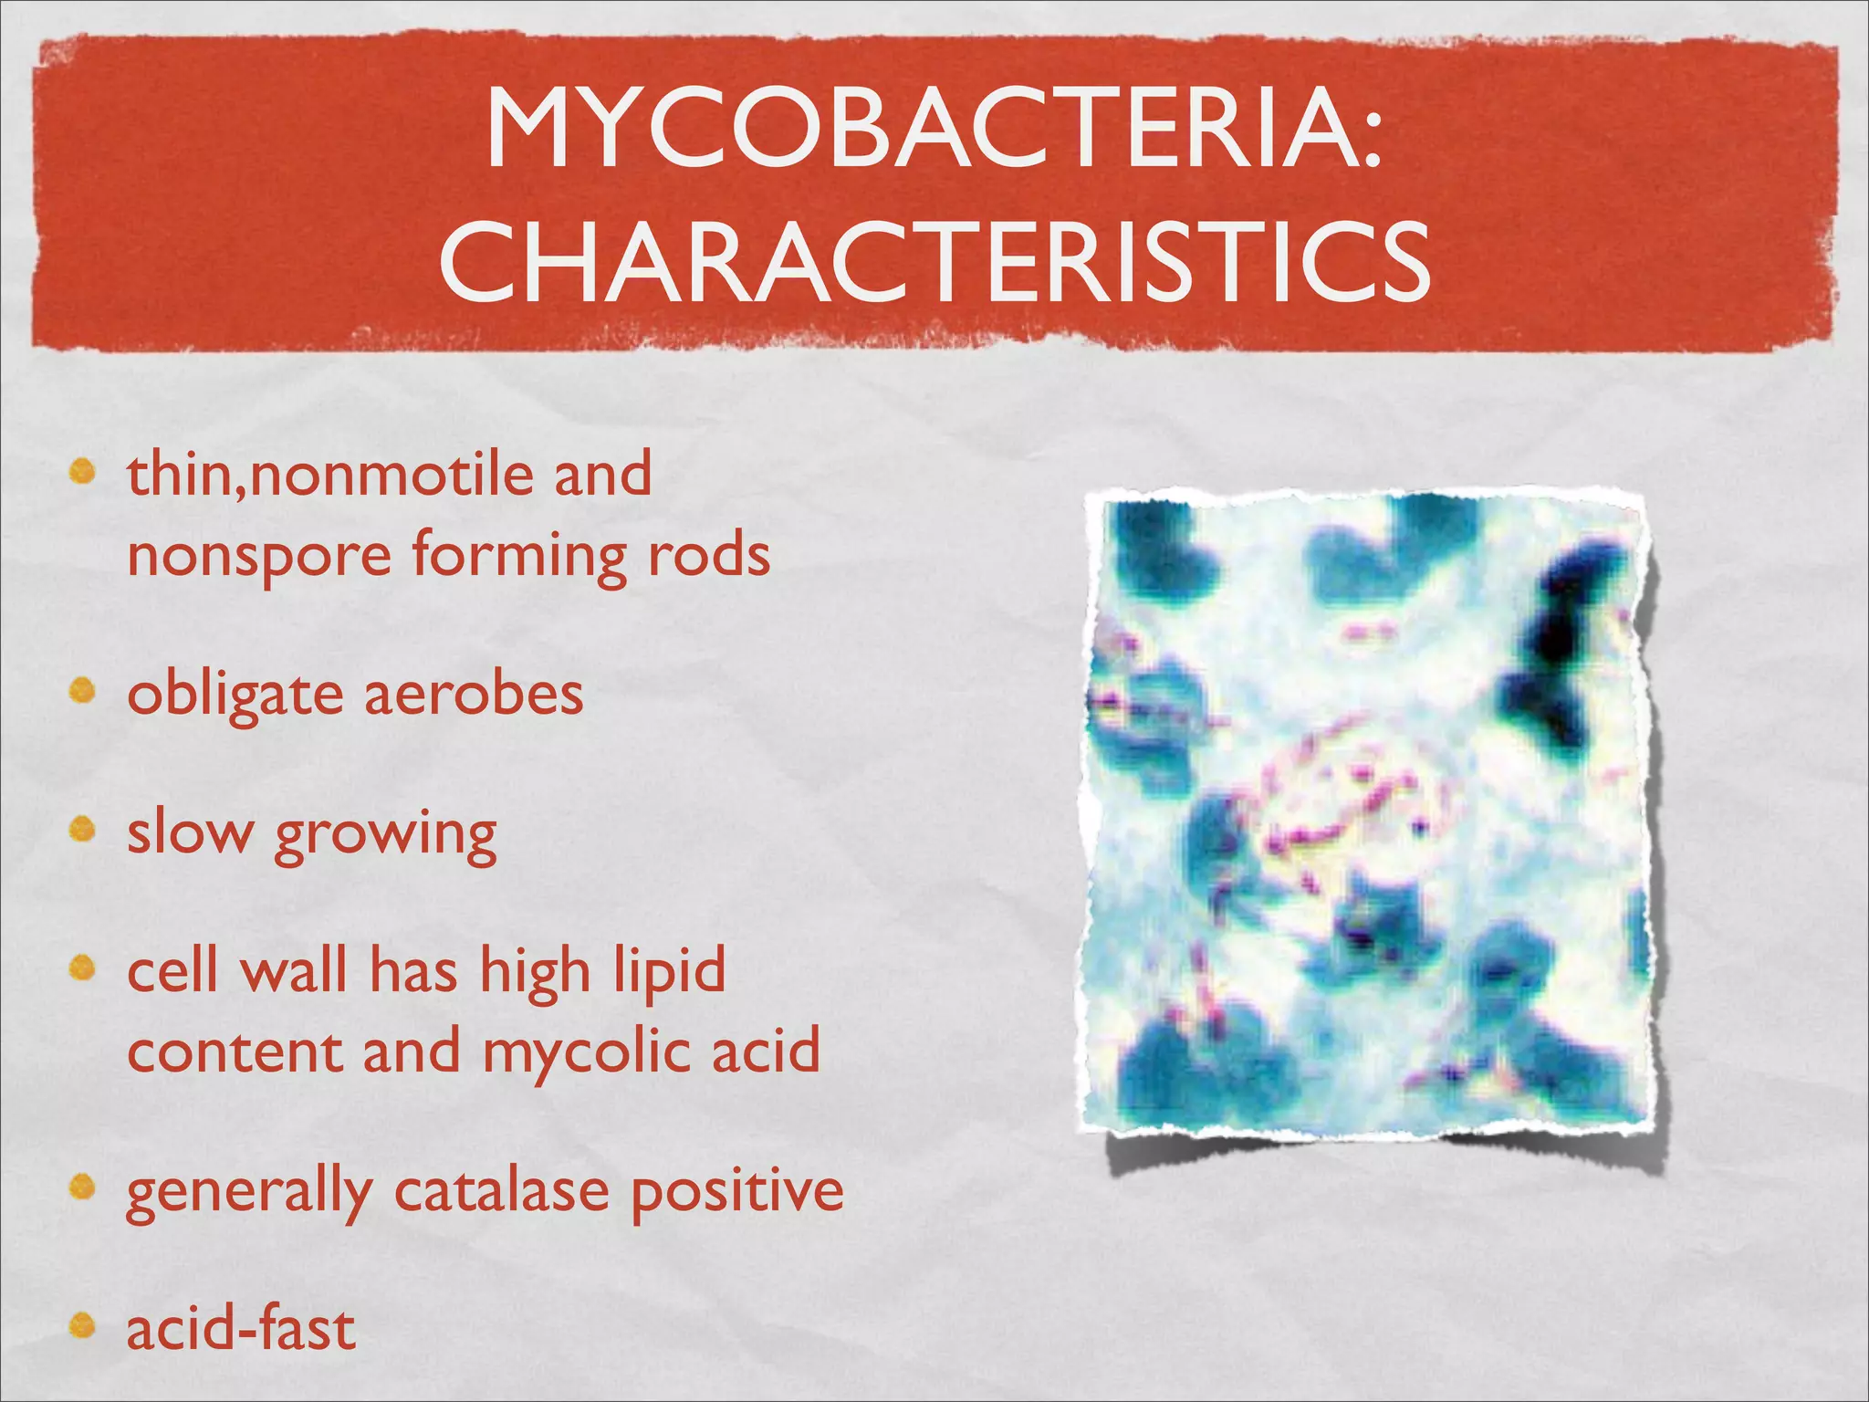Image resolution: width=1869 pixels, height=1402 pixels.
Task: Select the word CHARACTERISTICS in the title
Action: [x=934, y=262]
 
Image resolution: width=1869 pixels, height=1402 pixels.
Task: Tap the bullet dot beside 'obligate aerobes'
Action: [x=84, y=693]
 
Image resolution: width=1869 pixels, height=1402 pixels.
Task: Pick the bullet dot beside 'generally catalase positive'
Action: [x=84, y=1188]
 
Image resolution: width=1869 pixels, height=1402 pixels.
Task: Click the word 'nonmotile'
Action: [x=391, y=475]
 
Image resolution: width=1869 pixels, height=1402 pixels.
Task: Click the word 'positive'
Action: [x=737, y=1191]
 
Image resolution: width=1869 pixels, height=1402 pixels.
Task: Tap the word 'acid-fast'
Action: [x=241, y=1328]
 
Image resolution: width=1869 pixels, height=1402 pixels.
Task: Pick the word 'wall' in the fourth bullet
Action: [x=294, y=969]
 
